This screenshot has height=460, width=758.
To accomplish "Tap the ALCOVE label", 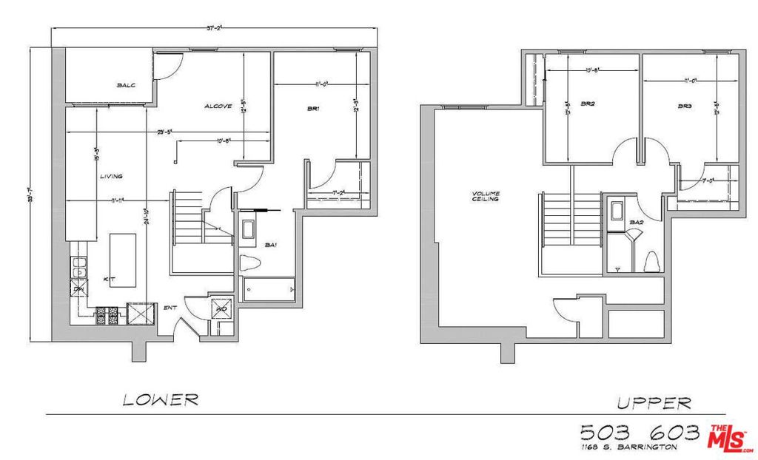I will tap(218, 106).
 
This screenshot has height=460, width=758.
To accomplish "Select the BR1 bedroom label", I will tap(313, 109).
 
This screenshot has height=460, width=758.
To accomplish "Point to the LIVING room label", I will tap(111, 177).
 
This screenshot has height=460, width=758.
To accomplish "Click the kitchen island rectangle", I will tap(123, 261).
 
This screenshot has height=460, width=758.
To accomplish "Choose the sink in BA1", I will tap(248, 229).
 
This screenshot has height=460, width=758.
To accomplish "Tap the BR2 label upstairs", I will tap(589, 104).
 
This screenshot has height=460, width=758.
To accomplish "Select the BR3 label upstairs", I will tap(685, 106).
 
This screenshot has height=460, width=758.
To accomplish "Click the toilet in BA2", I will tap(653, 262).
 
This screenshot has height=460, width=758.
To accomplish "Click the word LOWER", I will tap(161, 400).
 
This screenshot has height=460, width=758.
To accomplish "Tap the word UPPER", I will tap(654, 403).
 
